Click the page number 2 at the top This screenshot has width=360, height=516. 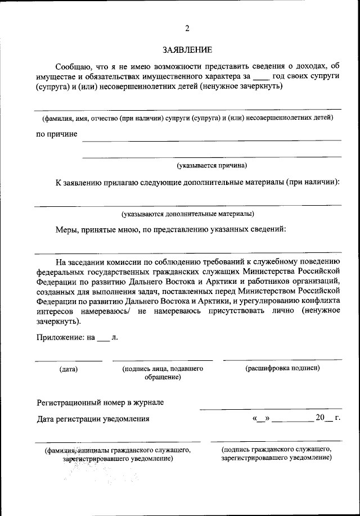tap(187, 29)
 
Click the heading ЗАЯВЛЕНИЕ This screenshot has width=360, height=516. tap(187, 50)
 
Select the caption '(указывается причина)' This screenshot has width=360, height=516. tap(212, 165)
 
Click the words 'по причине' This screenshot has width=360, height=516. tap(57, 134)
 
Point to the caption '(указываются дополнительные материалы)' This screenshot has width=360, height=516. tap(188, 214)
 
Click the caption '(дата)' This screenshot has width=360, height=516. tap(69, 369)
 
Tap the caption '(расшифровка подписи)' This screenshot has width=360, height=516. tap(283, 368)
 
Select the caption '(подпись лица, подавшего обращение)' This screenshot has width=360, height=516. tap(163, 373)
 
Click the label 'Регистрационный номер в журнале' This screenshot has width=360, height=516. tap(100, 402)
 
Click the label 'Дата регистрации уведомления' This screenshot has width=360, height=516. tap(93, 419)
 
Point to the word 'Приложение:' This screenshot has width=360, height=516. tap(60, 338)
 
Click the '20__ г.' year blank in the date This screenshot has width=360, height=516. tap(329, 418)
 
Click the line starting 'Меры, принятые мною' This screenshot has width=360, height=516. tap(171, 229)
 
